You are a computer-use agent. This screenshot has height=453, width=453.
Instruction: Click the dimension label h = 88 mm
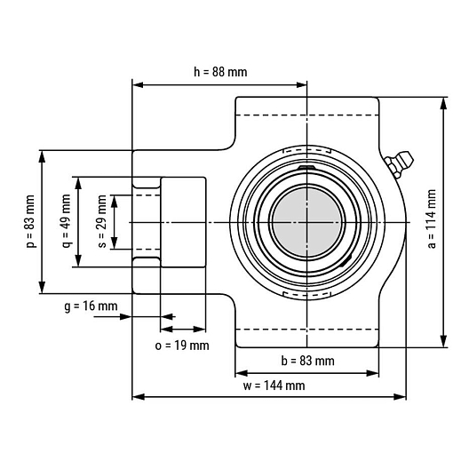tap(220, 72)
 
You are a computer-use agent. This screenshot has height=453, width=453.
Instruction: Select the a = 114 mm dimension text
tap(432, 219)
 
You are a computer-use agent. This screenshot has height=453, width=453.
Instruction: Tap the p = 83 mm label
tap(30, 221)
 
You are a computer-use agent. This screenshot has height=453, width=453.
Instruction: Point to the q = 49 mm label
tap(67, 221)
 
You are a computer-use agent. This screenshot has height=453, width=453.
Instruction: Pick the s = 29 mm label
tap(101, 221)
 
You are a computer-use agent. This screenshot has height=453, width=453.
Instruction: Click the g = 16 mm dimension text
tap(91, 306)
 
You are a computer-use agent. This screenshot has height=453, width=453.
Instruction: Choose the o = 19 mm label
tap(182, 346)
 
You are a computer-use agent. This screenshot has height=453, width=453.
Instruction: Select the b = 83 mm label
tap(307, 361)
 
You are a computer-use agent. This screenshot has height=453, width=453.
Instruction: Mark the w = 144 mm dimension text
tap(274, 385)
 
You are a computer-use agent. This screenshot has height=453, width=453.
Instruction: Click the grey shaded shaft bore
tap(307, 222)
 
